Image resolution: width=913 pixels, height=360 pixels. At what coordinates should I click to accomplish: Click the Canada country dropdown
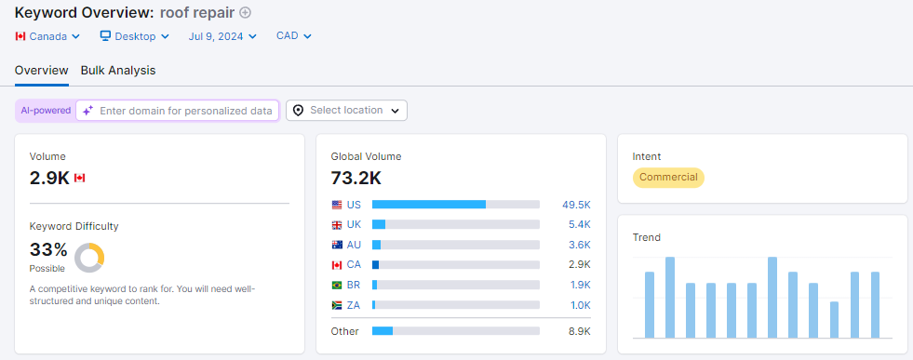47,36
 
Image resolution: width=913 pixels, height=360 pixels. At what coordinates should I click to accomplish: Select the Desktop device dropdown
135,36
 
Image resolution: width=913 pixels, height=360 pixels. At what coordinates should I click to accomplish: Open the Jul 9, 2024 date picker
223,36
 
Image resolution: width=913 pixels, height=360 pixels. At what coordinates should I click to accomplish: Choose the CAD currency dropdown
293,36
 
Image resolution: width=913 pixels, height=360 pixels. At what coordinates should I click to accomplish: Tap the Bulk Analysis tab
118,70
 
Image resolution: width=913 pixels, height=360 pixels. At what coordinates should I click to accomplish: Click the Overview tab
41,70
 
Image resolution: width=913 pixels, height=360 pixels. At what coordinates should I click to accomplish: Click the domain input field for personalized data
185,111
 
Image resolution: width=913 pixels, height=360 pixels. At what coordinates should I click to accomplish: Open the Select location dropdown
346,111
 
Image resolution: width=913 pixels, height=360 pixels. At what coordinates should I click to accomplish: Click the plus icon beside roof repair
245,13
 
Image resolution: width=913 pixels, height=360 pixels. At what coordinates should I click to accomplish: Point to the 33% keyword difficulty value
48,249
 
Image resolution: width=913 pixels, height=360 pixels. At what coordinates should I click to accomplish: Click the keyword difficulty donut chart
89,257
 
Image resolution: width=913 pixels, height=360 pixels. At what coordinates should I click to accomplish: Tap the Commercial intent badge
668,178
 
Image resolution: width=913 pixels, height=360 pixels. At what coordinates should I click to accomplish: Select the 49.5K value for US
576,205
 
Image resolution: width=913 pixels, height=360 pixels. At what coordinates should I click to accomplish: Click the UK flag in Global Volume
337,225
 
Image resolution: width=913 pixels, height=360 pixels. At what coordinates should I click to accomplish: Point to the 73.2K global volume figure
356,178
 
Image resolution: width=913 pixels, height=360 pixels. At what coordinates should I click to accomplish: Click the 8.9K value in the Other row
579,331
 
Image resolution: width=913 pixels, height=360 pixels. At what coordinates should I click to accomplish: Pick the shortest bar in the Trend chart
834,320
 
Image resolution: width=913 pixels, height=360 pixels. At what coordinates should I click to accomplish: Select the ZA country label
354,305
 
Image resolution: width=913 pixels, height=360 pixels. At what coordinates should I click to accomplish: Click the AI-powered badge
46,111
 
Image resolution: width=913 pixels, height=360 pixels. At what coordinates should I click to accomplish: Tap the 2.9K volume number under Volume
49,178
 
